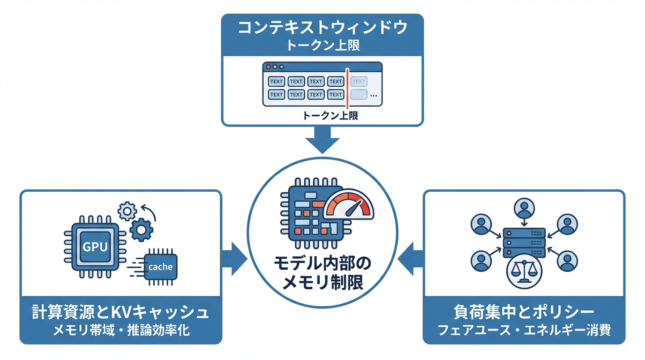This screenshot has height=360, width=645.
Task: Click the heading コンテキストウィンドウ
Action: pos(322,28)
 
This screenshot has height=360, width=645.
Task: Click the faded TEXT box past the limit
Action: pos(359,82)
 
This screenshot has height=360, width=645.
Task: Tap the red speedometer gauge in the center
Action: pos(349,205)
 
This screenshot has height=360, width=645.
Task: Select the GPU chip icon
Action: pos(95,247)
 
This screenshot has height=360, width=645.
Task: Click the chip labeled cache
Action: pos(160,267)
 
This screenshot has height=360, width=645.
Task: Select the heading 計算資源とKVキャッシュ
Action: pos(120,313)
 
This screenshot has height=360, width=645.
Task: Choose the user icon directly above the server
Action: pos(524,208)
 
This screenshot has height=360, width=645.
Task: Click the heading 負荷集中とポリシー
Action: pos(524,313)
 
